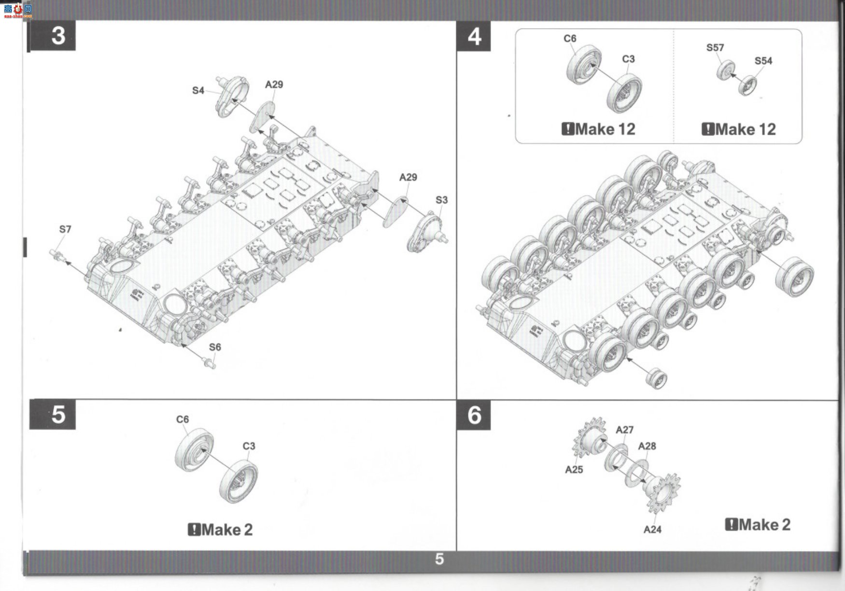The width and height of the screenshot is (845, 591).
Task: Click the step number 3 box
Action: point(52,36)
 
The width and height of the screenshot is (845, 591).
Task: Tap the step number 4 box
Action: point(474,36)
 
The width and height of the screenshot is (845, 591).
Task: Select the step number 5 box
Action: point(53,415)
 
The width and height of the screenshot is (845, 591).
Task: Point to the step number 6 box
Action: point(474,415)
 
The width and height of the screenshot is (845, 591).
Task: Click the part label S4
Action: point(198,90)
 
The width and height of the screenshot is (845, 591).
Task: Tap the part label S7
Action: point(65,229)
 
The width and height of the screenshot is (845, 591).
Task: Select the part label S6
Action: point(215,347)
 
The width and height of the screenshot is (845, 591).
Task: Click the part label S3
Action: point(441,200)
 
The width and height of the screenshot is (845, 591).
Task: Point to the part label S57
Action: point(715,48)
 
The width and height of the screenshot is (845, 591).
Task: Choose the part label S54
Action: point(763,61)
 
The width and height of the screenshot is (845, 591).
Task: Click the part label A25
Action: point(574,469)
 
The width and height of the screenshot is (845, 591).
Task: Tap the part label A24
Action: point(652,530)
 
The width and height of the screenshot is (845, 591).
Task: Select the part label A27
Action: point(624,430)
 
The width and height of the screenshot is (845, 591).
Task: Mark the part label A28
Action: point(647,446)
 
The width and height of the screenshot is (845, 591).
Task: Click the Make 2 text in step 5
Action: point(220,530)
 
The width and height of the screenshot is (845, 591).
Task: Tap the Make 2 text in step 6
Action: point(758,525)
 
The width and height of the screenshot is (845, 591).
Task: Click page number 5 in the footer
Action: point(439,559)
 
